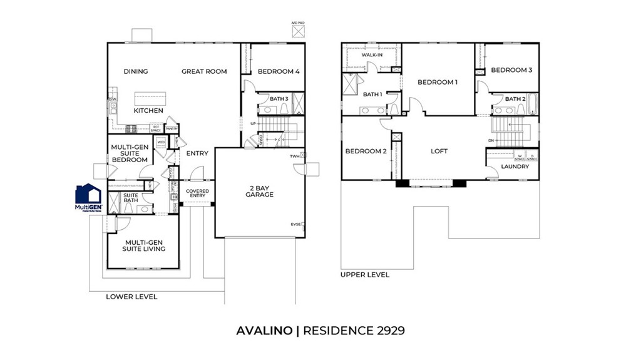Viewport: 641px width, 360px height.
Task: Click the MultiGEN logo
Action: (x=88, y=197)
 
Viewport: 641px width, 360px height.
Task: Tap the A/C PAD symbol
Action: (x=299, y=29)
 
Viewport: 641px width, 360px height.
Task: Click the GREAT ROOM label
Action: (x=204, y=71)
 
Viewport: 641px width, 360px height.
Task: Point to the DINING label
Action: (x=135, y=71)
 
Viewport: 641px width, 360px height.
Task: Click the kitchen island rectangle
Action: (x=150, y=98)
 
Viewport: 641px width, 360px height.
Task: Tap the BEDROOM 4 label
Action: (x=279, y=71)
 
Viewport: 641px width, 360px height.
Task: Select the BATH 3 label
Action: (x=279, y=99)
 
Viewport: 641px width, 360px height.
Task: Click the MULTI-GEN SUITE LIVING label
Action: (x=145, y=245)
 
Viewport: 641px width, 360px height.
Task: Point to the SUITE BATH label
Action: (x=130, y=198)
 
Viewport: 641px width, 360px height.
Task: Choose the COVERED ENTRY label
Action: (x=198, y=194)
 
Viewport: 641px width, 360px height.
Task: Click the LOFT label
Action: (x=439, y=152)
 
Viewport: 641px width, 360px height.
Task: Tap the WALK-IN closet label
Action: (x=372, y=55)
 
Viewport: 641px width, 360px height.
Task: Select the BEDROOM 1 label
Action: (x=438, y=82)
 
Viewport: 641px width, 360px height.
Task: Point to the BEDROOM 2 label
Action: (x=366, y=152)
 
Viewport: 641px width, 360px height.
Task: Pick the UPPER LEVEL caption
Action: (x=365, y=274)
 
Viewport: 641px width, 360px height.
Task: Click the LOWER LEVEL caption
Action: (x=131, y=296)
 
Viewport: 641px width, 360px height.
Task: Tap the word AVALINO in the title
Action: (x=264, y=329)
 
